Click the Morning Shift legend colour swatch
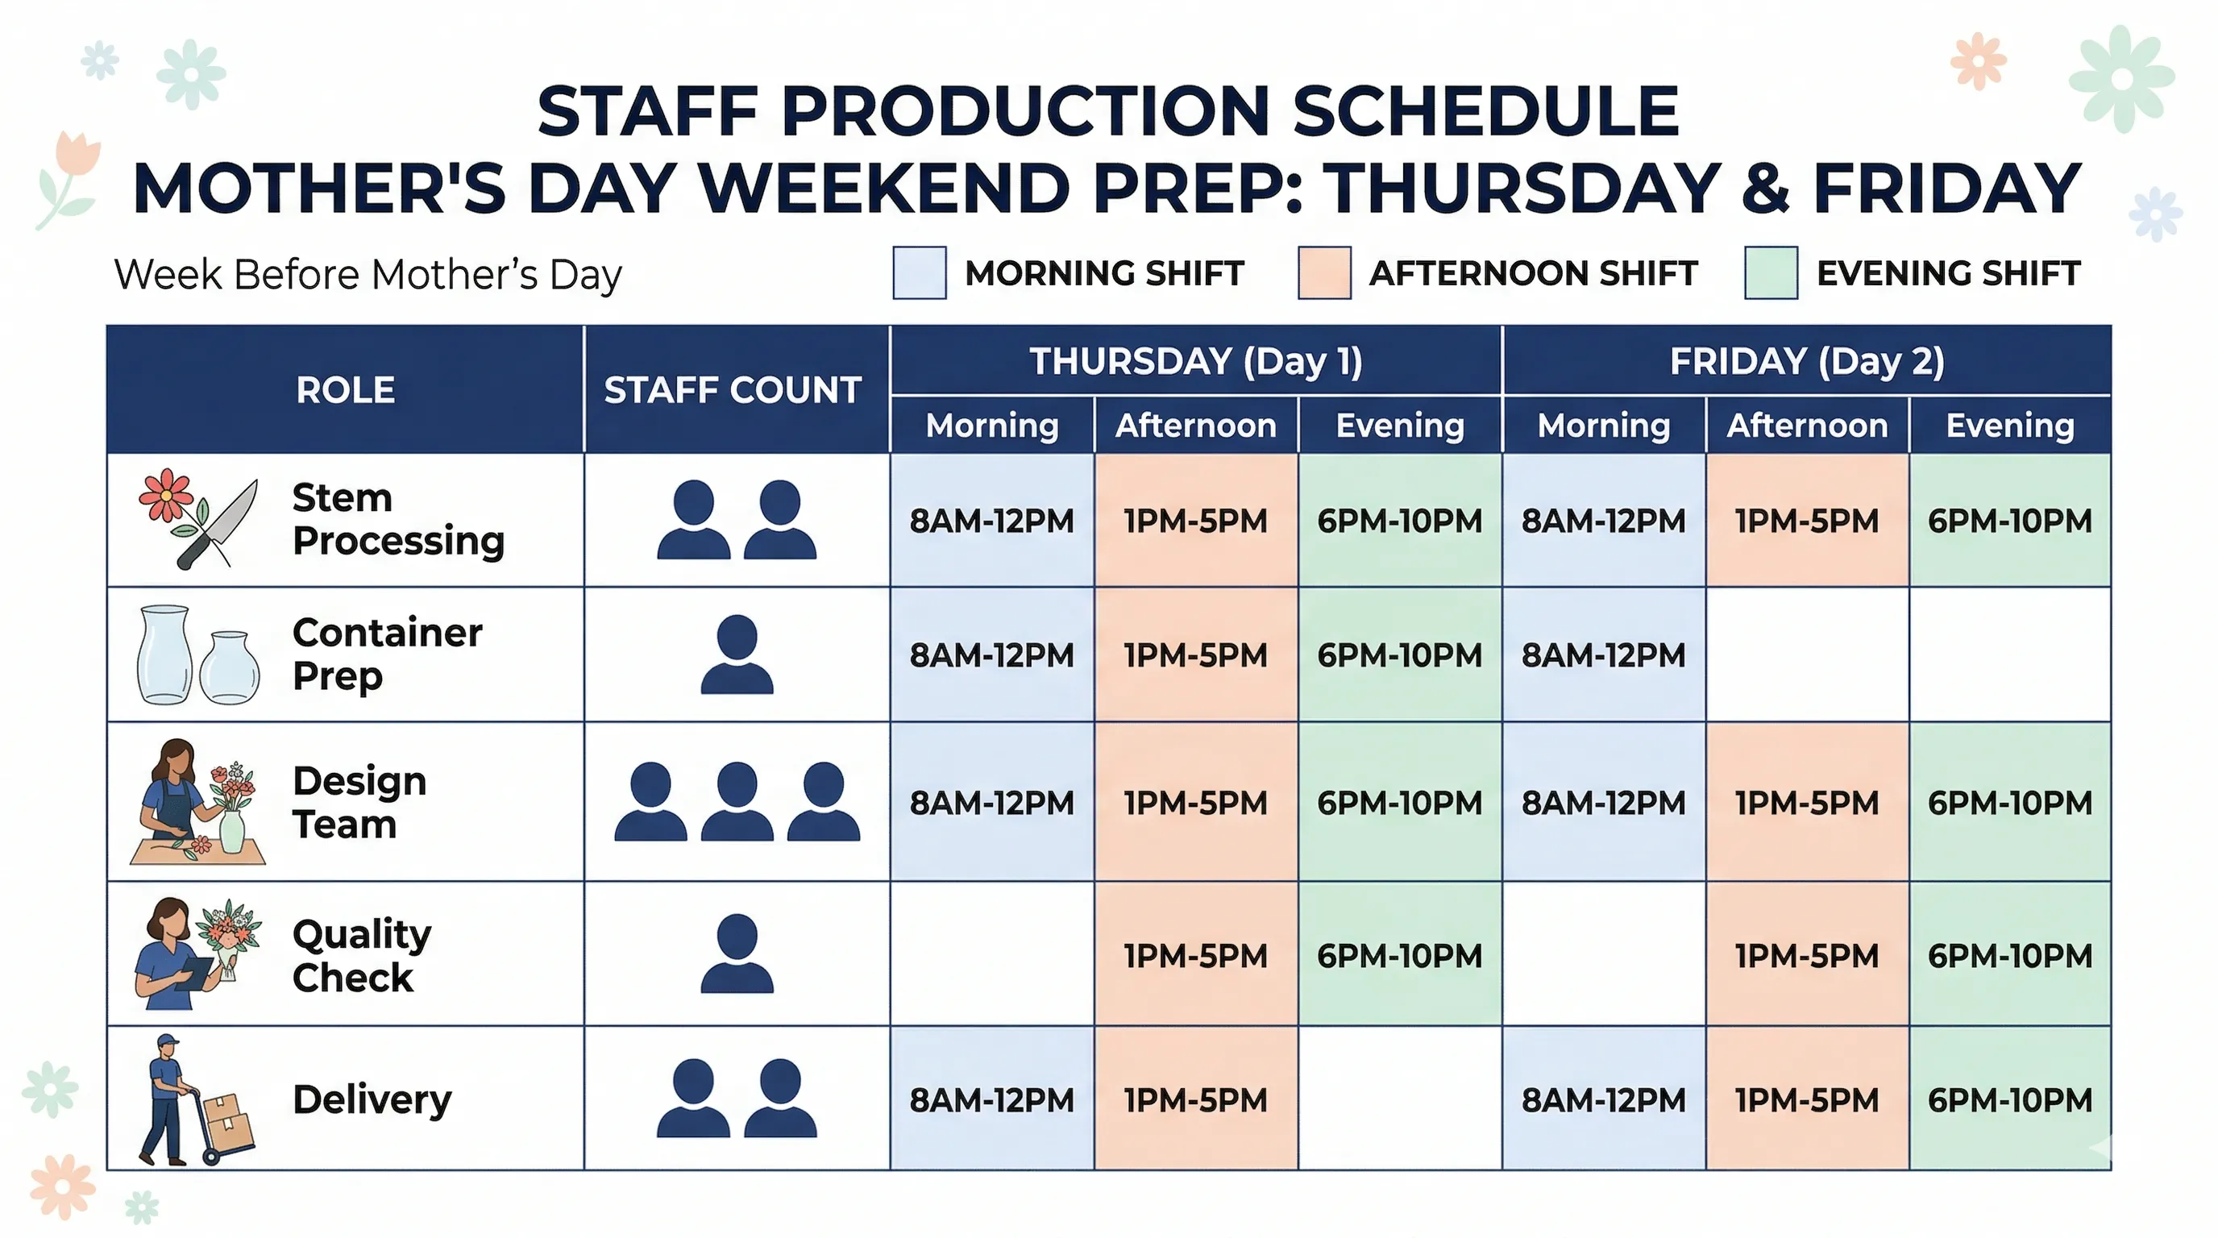(x=919, y=273)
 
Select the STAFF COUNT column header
(x=733, y=390)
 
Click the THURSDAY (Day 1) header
(x=1196, y=361)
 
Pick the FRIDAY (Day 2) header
(x=1806, y=361)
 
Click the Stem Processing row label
(x=398, y=519)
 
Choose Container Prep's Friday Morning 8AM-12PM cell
(x=1603, y=655)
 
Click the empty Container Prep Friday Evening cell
(x=2009, y=655)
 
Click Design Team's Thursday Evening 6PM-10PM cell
(x=1399, y=803)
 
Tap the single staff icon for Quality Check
(x=737, y=954)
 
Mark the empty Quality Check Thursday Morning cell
(x=992, y=954)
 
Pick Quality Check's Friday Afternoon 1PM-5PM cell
(x=1806, y=956)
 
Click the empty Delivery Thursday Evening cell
(x=1399, y=1099)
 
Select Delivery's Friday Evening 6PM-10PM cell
(x=2009, y=1099)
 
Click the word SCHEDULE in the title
(x=1485, y=112)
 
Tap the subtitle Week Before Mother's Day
(x=368, y=275)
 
